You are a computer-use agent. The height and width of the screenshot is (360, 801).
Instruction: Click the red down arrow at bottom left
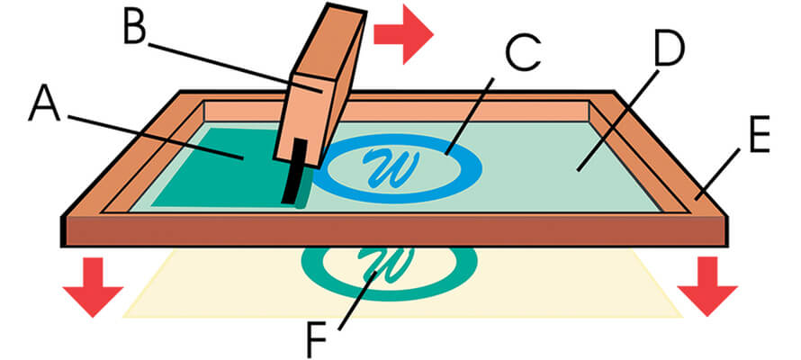pyautogui.click(x=93, y=286)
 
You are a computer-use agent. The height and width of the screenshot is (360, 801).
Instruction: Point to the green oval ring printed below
pyautogui.click(x=454, y=270)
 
